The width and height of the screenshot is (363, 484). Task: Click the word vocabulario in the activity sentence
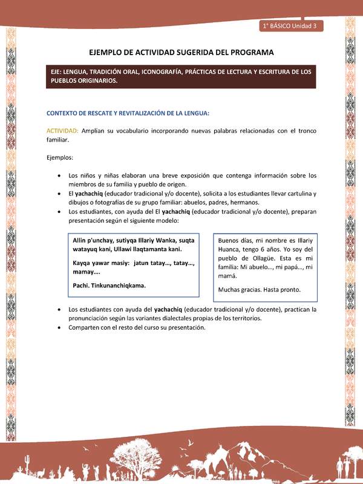coord(128,131)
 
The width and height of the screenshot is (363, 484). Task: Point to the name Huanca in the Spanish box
coord(230,250)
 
